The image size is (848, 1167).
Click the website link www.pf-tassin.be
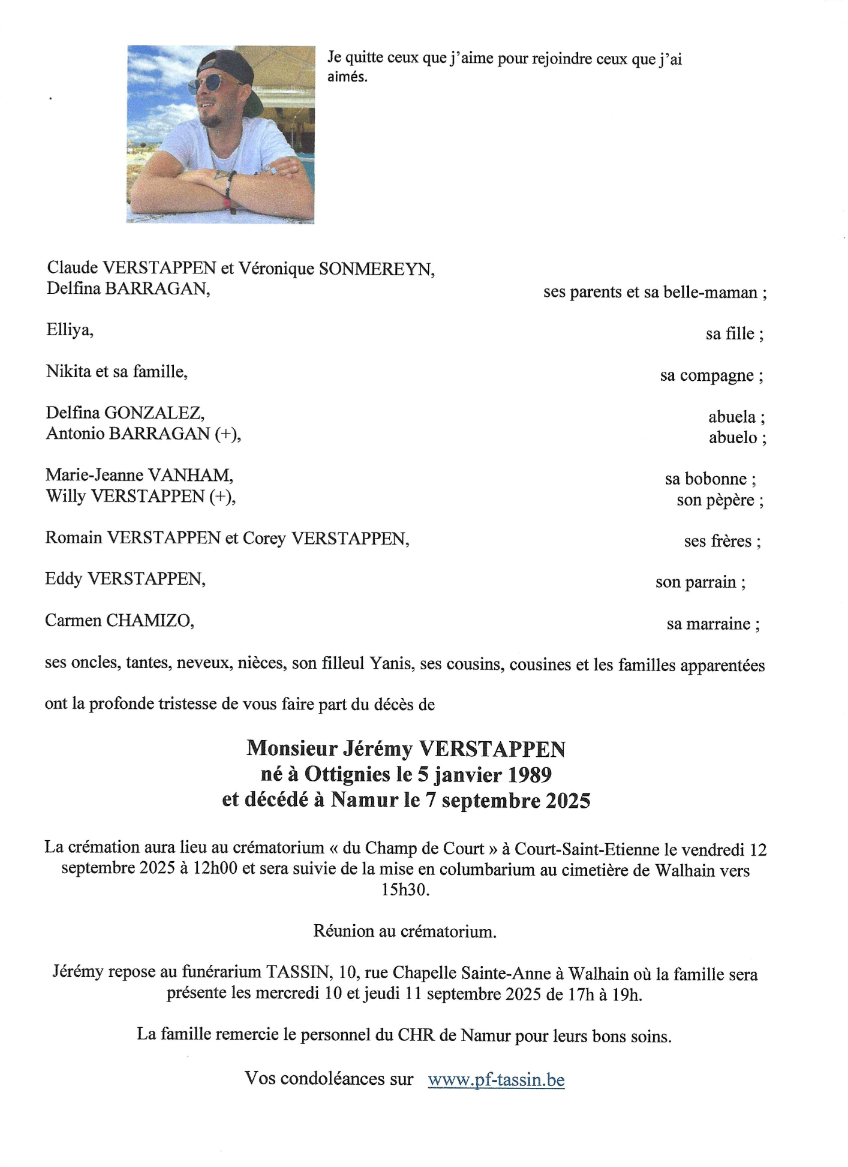coord(496,1080)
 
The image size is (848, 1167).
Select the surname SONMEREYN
coord(375,269)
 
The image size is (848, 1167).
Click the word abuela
coord(732,417)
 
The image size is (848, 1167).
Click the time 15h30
coord(405,890)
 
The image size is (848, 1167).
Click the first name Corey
coord(264,539)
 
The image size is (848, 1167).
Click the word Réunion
coord(344,931)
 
